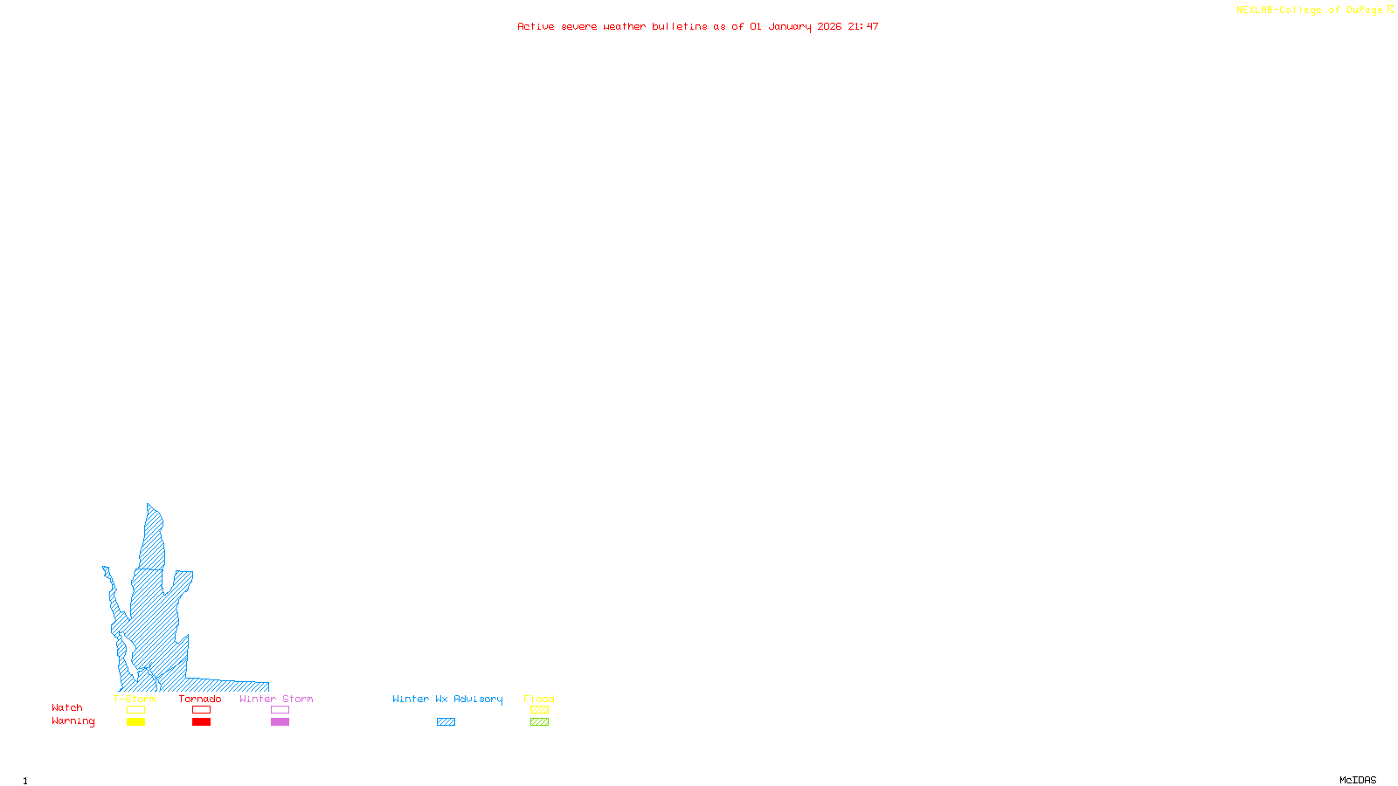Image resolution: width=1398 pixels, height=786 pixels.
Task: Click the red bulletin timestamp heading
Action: coord(697,26)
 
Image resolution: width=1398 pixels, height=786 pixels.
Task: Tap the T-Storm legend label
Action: coord(135,699)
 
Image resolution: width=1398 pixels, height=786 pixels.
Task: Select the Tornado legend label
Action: coord(200,699)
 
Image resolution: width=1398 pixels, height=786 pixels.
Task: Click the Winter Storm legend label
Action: coord(276,699)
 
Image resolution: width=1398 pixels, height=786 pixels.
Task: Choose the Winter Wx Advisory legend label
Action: coord(447,699)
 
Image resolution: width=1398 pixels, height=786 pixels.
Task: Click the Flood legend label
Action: coord(539,699)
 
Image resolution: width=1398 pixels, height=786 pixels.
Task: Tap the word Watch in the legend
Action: coord(67,707)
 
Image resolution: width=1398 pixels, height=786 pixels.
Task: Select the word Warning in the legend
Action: coord(73,721)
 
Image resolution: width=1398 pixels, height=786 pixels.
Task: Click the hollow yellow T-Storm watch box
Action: coord(135,710)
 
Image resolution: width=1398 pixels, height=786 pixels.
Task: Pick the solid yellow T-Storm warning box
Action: coord(135,722)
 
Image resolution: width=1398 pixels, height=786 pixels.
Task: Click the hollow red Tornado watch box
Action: coord(201,710)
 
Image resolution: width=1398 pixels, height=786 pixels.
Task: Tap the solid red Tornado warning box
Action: coord(201,722)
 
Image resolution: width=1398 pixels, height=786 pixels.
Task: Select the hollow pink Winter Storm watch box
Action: coord(280,710)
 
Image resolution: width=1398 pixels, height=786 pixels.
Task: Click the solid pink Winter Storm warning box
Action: coord(280,722)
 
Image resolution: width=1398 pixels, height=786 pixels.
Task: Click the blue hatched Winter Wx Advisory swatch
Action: coord(446,722)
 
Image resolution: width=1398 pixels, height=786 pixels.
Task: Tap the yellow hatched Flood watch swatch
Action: coord(539,710)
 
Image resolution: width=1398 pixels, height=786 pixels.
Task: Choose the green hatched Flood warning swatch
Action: coord(539,722)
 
